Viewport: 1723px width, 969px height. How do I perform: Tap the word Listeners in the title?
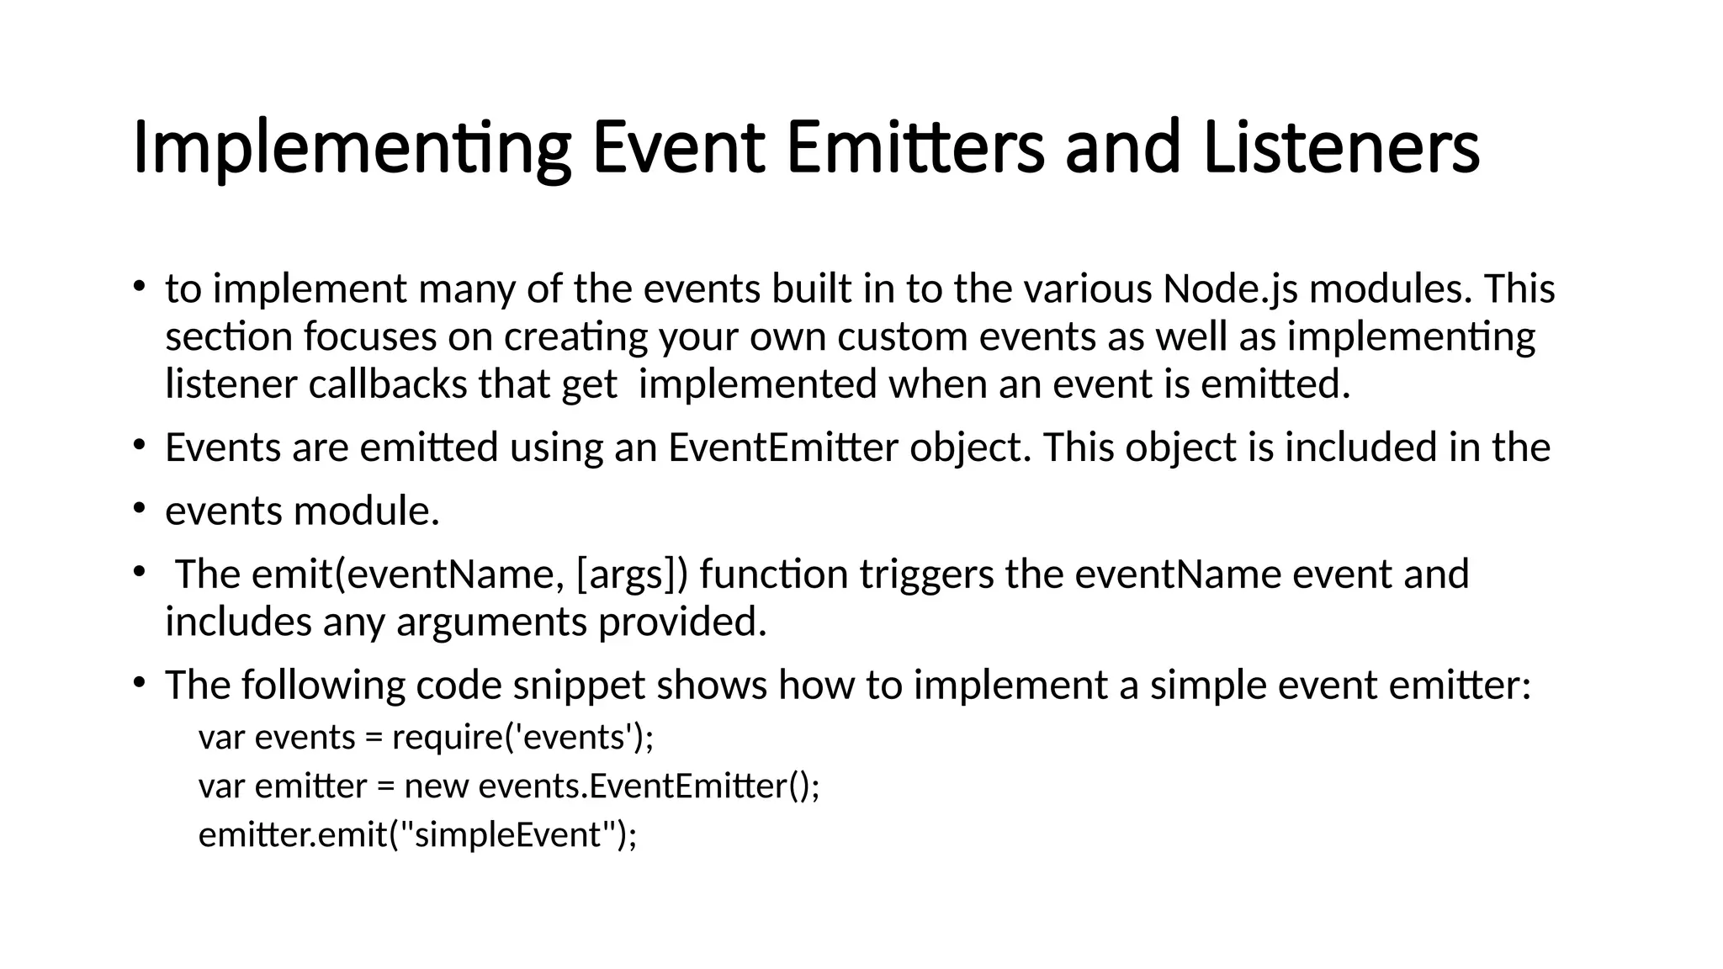[x=1340, y=149]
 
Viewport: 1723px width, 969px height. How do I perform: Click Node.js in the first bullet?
[x=1230, y=289]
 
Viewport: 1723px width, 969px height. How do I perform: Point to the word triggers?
[x=926, y=575]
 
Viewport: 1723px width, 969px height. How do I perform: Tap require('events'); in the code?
[x=522, y=737]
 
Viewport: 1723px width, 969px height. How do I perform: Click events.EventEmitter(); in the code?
[x=649, y=786]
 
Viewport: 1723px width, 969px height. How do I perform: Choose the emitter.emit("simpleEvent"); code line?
[x=418, y=835]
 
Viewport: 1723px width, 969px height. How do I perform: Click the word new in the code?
[x=436, y=786]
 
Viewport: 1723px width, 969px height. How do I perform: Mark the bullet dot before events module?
[x=139, y=508]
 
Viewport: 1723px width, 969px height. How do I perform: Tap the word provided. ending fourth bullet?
[x=682, y=622]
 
